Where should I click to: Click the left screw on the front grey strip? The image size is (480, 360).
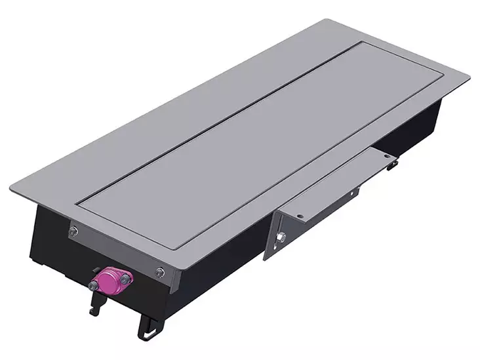[74, 230]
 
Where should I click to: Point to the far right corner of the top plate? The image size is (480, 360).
[470, 77]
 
